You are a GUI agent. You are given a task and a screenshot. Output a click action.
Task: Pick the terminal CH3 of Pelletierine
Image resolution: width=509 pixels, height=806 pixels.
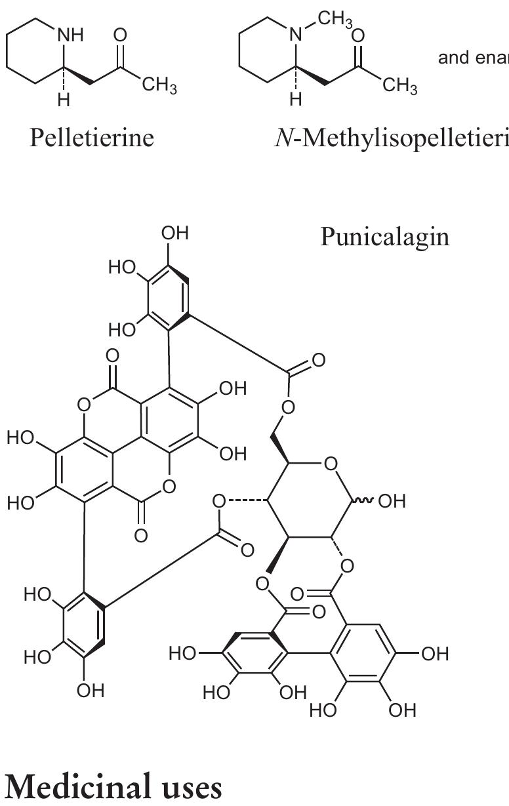click(x=158, y=87)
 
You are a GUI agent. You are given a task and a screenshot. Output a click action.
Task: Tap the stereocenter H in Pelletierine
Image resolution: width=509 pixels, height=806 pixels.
click(x=64, y=101)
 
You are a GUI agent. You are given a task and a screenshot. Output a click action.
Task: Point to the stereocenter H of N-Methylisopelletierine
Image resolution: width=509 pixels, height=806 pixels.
click(x=296, y=101)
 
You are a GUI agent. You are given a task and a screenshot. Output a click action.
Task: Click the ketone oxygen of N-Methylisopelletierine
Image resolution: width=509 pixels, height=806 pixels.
click(x=358, y=36)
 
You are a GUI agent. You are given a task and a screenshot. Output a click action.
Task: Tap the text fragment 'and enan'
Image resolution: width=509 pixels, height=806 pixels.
click(x=473, y=58)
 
